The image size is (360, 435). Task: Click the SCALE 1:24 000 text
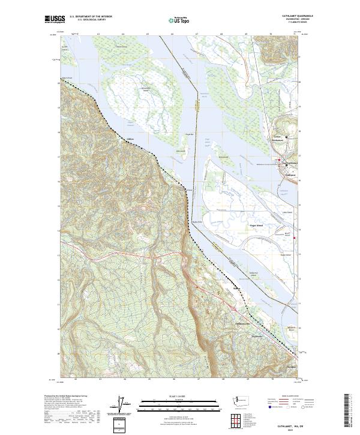180,396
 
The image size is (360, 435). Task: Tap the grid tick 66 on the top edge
172,35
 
